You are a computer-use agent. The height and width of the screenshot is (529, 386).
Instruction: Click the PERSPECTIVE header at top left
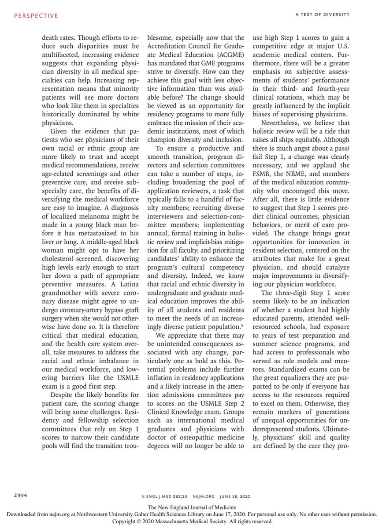(x=36, y=16)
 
